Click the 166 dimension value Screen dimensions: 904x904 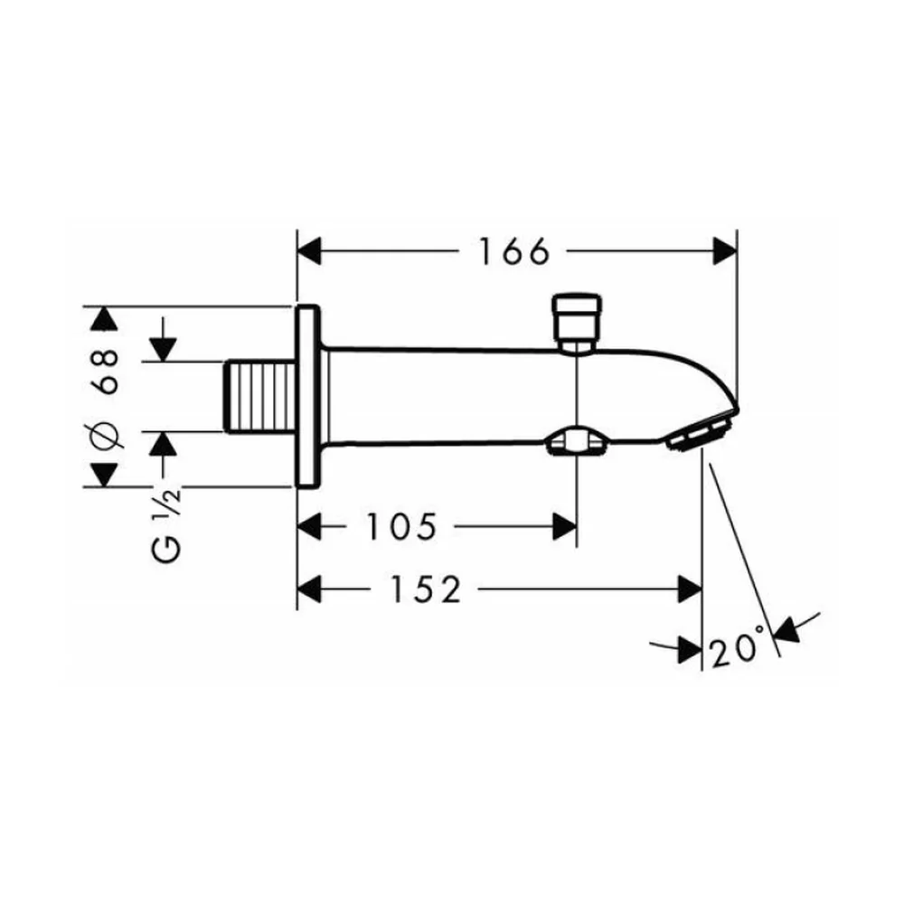point(514,252)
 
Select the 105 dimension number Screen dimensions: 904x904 point(402,526)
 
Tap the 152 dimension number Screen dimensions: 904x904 point(426,589)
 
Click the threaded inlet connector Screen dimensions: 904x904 point(260,397)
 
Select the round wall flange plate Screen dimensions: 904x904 point(308,397)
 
